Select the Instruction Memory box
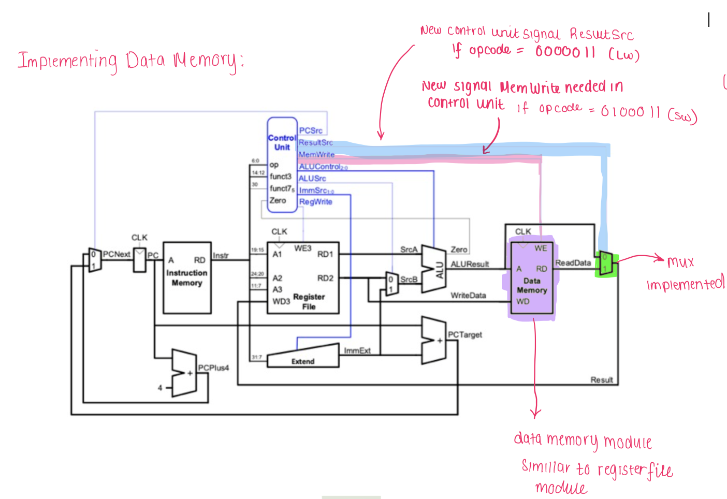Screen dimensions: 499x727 187,277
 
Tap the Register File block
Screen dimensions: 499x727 303,277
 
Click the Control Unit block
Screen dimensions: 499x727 282,165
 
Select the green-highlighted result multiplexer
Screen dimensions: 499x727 605,263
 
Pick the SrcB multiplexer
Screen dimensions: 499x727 392,284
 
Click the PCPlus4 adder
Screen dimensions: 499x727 184,373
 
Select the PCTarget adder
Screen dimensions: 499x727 433,340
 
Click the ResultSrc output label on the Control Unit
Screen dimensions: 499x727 315,142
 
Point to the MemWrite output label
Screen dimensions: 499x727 316,154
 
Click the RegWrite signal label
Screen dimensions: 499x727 315,202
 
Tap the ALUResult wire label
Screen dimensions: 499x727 470,264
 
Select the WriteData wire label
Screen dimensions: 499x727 468,296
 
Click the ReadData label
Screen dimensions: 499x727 573,263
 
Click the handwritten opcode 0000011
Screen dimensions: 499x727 565,52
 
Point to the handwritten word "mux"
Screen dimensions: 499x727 680,262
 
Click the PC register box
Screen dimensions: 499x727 140,260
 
